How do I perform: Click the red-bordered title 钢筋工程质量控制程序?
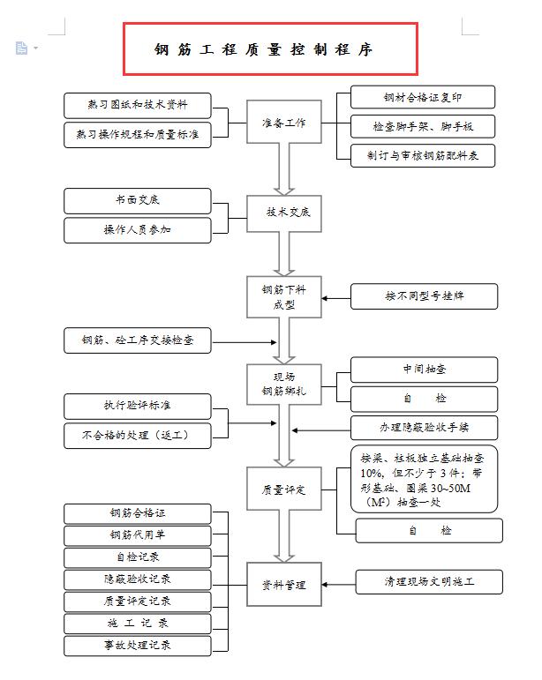[x=270, y=49]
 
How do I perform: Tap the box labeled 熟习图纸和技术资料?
[x=138, y=106]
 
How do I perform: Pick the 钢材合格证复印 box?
[x=422, y=97]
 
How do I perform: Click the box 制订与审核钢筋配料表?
[x=422, y=155]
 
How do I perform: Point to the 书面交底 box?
[x=138, y=201]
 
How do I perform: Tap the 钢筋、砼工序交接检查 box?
[x=138, y=340]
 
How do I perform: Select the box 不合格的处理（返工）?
[x=138, y=435]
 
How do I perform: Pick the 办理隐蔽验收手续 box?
[x=425, y=428]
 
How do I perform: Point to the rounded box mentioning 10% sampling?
[x=423, y=480]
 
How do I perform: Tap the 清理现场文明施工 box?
[x=429, y=582]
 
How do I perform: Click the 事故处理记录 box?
[x=138, y=646]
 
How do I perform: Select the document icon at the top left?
[x=22, y=48]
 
